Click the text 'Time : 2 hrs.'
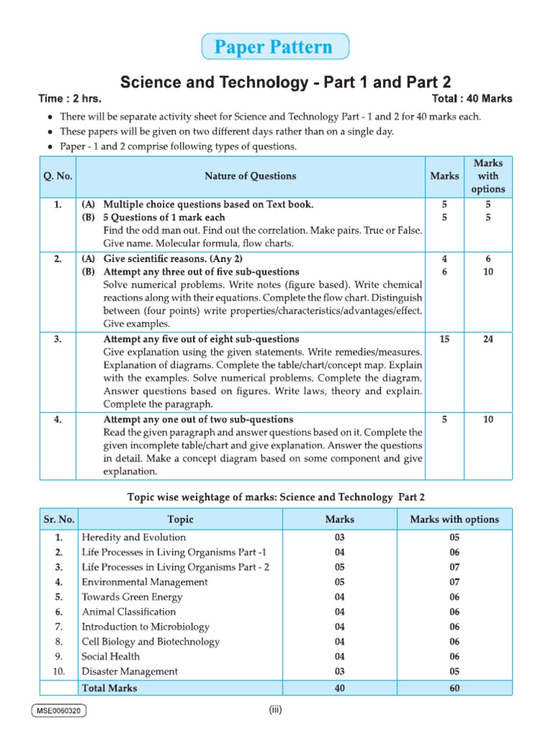(x=70, y=98)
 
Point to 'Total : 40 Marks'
(x=472, y=98)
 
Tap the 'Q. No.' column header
(x=57, y=176)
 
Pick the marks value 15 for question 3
(x=445, y=339)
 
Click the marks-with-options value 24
(x=488, y=339)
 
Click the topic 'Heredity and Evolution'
(x=134, y=538)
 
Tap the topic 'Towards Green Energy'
(x=132, y=597)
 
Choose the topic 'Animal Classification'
(x=129, y=612)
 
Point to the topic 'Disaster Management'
(x=130, y=672)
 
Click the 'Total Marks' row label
(x=110, y=688)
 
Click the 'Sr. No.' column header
(x=57, y=519)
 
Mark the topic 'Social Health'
(x=111, y=657)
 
